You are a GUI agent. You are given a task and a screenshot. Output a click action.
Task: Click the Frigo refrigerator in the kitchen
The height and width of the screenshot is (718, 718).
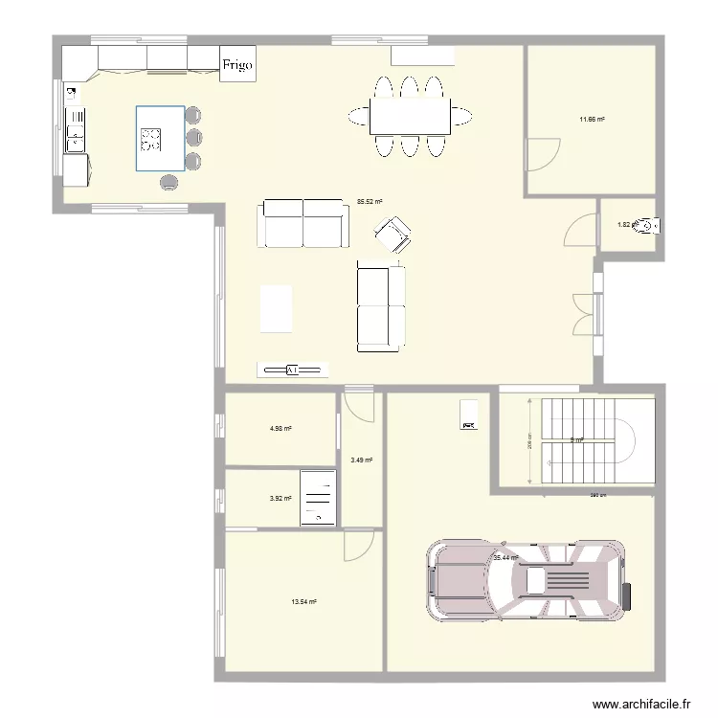[x=238, y=65]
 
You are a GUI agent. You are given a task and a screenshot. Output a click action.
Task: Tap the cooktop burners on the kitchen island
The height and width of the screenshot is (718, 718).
[x=151, y=140]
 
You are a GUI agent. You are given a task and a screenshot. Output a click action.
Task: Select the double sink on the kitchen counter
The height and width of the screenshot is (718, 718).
[x=75, y=130]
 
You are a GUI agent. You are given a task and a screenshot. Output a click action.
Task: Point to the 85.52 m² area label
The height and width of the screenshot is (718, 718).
[x=370, y=202]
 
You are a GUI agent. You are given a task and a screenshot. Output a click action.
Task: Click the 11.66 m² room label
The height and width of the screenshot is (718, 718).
[x=591, y=120]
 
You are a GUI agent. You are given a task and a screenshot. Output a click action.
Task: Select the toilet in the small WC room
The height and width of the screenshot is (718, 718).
[x=650, y=226]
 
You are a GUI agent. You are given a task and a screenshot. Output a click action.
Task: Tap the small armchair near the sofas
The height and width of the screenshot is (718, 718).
[x=393, y=234]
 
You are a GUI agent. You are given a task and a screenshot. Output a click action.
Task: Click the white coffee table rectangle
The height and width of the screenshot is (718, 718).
[x=276, y=309]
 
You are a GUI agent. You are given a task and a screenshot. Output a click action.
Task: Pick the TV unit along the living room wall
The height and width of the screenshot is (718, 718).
[x=292, y=369]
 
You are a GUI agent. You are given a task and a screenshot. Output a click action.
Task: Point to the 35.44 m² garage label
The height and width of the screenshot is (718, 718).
[x=505, y=557]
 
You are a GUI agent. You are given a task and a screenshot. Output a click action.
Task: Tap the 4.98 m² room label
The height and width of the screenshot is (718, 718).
[x=280, y=429]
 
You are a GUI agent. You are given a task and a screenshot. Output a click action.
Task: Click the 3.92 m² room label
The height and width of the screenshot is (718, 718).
[x=280, y=498]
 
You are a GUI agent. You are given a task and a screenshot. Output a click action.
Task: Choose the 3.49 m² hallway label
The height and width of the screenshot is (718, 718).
[x=361, y=460]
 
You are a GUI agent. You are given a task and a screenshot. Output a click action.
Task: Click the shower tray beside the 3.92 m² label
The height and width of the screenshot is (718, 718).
[x=317, y=498]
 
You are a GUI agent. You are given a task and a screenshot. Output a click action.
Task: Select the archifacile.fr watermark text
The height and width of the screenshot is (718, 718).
[x=640, y=704]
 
